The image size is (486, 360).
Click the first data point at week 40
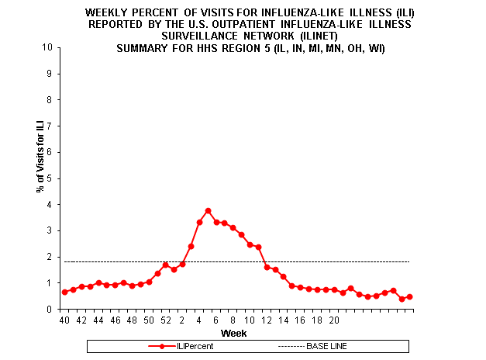pos(64,292)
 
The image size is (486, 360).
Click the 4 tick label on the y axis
pos(50,205)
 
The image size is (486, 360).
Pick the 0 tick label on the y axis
pos(50,310)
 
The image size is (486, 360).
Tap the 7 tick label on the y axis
pos(50,126)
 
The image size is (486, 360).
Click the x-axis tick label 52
pos(165,319)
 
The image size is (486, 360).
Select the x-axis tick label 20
pos(333,319)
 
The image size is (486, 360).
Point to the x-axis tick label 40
pos(64,319)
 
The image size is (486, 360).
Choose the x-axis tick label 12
pos(267,319)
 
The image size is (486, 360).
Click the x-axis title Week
pos(234,333)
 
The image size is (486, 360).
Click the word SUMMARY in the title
pos(142,47)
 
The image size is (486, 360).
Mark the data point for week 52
pos(165,265)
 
